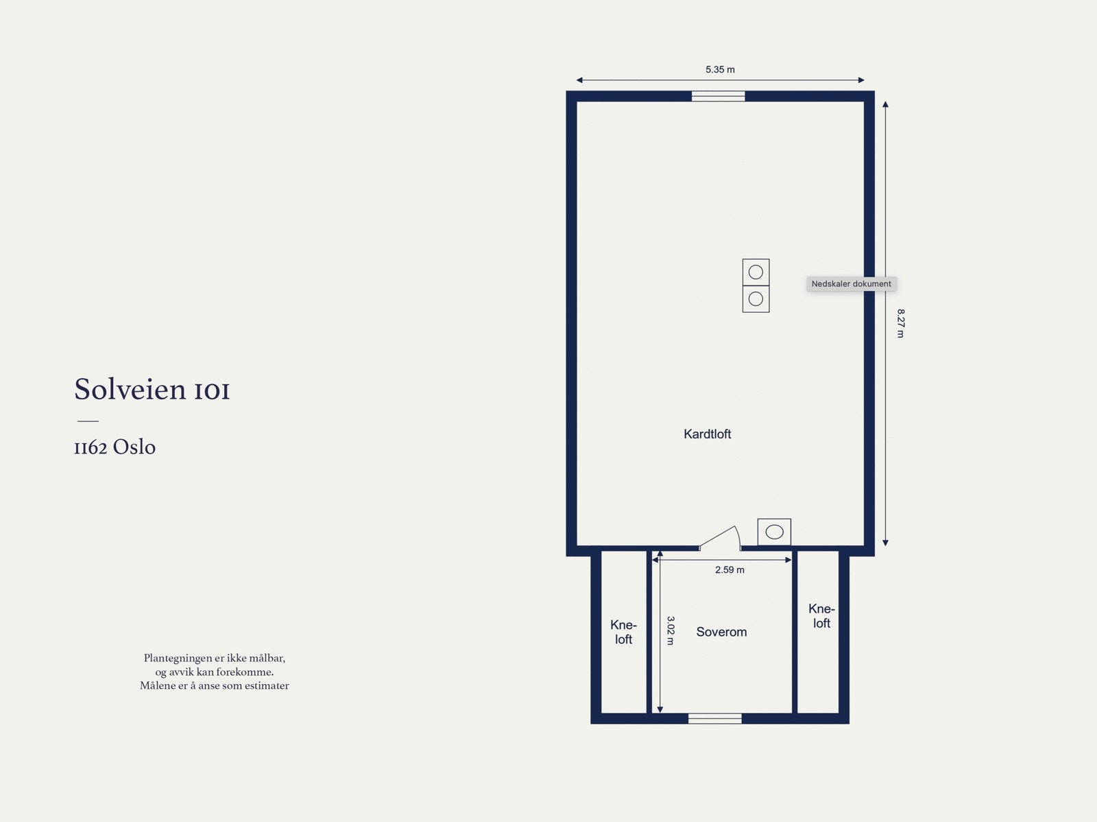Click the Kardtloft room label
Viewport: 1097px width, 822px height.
point(707,434)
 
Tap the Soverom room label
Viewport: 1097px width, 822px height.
point(721,632)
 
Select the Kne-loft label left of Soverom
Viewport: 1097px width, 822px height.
point(623,632)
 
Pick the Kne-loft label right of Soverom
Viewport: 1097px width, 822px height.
point(821,616)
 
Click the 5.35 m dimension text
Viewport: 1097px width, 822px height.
point(720,69)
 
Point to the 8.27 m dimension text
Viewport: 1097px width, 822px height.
point(901,323)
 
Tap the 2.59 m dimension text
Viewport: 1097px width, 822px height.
point(730,569)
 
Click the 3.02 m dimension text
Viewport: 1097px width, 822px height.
point(671,630)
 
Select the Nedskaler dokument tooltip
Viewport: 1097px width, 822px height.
point(851,284)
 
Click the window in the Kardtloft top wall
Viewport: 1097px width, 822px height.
point(718,96)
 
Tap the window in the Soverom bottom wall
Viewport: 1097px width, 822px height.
point(714,718)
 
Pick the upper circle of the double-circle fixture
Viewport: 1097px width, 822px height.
point(756,272)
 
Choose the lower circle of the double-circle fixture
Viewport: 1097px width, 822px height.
point(756,299)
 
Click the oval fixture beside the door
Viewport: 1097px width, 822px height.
point(774,532)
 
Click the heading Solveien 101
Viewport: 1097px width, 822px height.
point(152,390)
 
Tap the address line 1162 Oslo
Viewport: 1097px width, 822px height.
point(114,447)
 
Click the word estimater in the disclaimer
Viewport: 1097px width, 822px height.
point(267,685)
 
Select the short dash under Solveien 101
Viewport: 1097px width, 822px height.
point(88,421)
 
